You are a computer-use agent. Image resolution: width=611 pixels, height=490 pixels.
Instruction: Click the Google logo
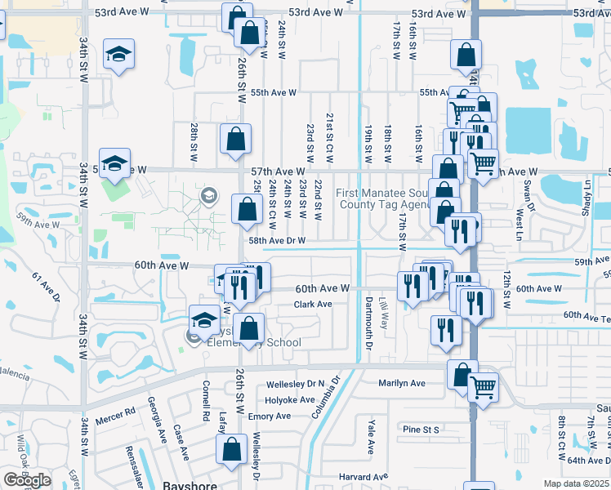[27, 480]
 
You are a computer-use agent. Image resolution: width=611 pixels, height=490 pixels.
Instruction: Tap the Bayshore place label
[187, 484]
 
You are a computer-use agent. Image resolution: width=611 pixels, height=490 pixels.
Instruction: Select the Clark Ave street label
[313, 305]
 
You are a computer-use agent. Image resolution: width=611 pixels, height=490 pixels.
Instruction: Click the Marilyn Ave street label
[401, 383]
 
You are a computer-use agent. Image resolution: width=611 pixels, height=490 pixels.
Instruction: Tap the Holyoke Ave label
[290, 400]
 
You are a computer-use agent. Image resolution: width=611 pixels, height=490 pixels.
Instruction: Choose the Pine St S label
[421, 429]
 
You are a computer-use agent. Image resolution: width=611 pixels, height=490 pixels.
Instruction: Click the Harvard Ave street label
[364, 477]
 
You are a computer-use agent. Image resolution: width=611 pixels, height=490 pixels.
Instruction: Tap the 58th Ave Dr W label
[277, 241]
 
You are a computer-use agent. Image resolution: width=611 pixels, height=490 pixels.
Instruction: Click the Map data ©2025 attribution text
[576, 483]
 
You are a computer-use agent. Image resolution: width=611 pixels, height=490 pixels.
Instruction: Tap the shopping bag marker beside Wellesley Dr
[231, 449]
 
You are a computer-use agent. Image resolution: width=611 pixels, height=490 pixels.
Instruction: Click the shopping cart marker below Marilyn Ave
[484, 387]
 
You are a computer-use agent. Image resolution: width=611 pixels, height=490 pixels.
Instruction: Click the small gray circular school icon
[209, 195]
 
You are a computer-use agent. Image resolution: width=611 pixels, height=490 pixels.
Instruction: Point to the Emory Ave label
[270, 416]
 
